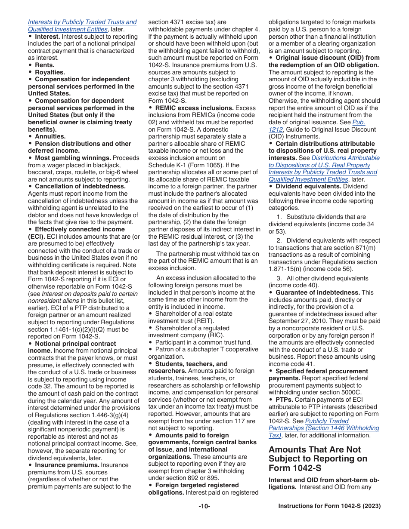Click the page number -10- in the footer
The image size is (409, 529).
204,506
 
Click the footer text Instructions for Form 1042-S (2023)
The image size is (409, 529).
329,506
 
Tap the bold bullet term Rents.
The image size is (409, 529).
44,65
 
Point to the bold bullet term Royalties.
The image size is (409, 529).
50,72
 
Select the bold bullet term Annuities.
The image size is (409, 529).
50,136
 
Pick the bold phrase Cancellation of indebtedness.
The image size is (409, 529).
80,186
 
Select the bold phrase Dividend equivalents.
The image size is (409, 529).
308,186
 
